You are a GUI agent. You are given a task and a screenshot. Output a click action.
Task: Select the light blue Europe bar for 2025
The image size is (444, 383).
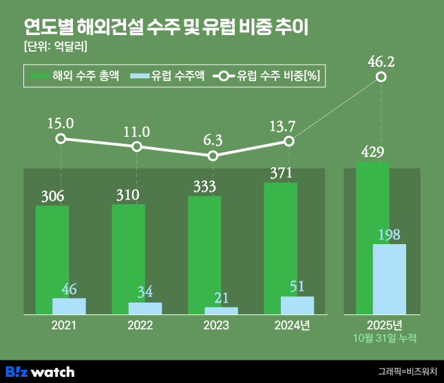coord(390,279)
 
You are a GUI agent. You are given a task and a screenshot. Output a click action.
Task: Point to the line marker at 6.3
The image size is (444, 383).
coord(213,156)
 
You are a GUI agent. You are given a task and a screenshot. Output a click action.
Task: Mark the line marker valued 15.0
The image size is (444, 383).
coord(61,139)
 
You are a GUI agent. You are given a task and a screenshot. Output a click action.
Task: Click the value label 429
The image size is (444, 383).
coord(372,152)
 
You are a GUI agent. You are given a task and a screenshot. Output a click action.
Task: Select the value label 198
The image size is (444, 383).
coord(389,234)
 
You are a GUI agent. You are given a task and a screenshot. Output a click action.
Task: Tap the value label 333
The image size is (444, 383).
coord(204,186)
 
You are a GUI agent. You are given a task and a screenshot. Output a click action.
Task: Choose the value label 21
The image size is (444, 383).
coord(221,297)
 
